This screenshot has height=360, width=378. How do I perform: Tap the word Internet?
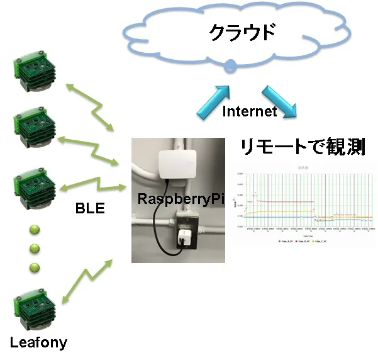point(250,111)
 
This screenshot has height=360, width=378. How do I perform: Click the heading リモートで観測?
point(304,148)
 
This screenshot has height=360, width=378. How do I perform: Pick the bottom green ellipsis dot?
point(35,267)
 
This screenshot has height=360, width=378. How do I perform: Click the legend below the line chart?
point(303,241)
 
